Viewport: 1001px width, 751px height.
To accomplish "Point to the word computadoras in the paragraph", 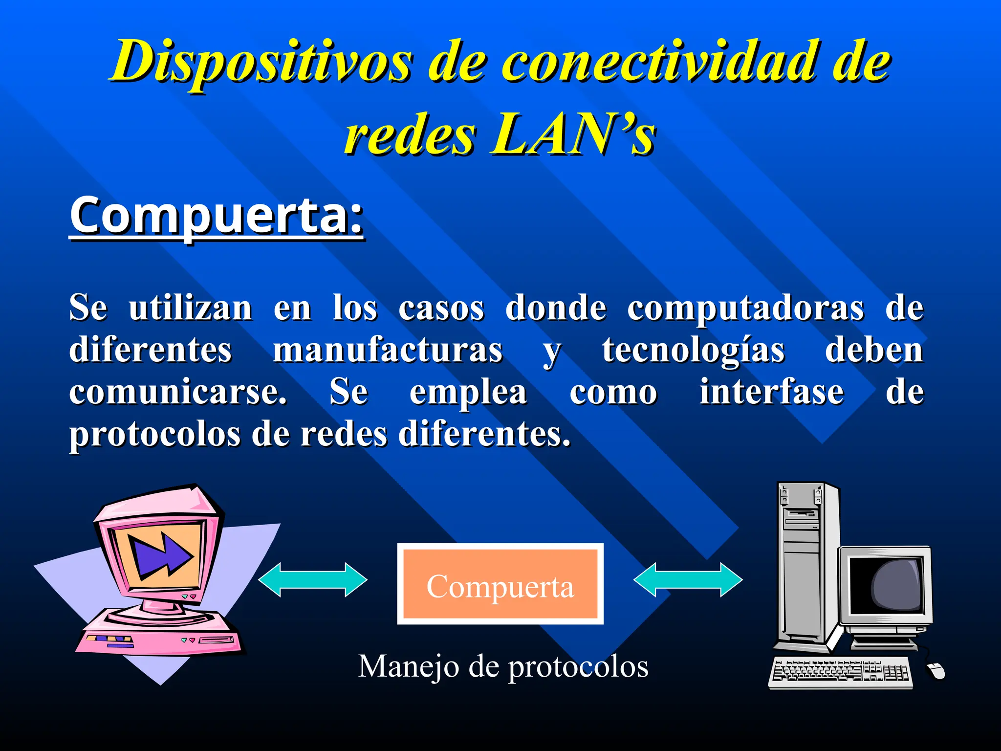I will click(x=745, y=308).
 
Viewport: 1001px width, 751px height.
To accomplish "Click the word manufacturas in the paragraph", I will click(x=388, y=350).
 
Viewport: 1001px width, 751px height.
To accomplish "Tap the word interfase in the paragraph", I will click(x=771, y=392).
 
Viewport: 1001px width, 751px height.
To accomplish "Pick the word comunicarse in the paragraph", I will click(x=177, y=392).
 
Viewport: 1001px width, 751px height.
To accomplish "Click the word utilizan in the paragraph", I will click(x=190, y=308).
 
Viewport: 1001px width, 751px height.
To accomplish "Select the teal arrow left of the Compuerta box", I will click(x=313, y=580).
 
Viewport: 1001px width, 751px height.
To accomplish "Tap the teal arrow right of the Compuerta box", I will click(x=688, y=580).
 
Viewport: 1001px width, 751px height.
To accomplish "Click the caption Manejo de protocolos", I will click(x=503, y=666).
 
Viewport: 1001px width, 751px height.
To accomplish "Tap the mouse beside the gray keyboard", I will click(x=936, y=671).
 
